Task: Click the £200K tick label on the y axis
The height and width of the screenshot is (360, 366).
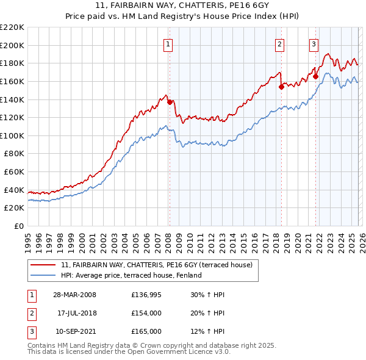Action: (x=12, y=45)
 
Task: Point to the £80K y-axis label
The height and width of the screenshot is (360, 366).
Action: (x=14, y=154)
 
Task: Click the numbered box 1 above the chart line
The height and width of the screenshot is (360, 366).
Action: (x=168, y=44)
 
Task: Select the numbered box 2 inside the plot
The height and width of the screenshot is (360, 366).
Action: (x=279, y=44)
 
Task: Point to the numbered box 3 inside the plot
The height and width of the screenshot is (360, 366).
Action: (x=314, y=44)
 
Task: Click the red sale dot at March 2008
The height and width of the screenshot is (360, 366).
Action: (x=170, y=102)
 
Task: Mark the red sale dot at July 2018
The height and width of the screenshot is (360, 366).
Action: (x=281, y=87)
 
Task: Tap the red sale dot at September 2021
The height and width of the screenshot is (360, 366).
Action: (x=315, y=76)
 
